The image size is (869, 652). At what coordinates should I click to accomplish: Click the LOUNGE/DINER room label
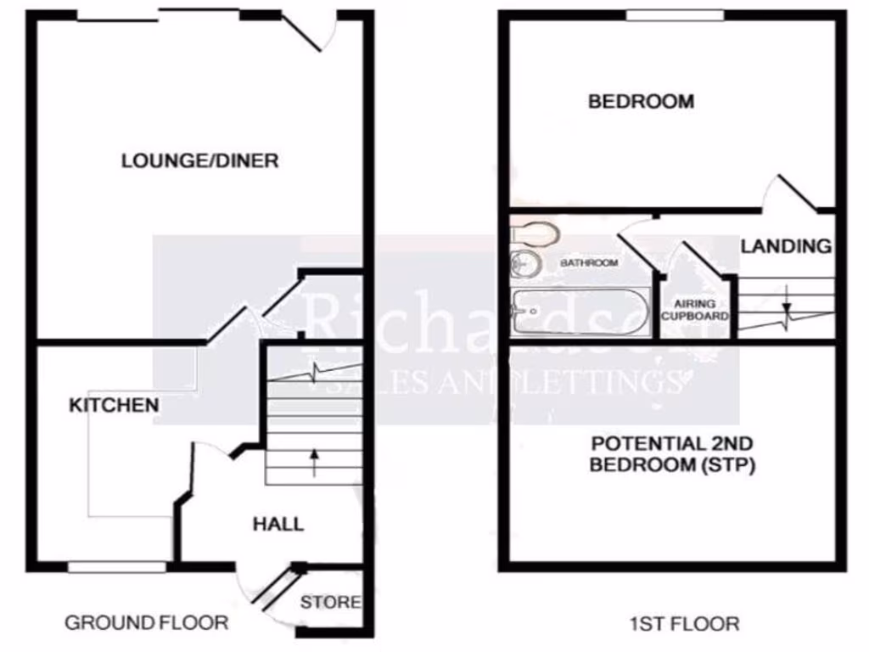pos(199,160)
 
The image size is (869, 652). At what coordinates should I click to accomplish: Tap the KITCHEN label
pos(114,405)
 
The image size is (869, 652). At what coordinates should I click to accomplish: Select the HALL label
pos(278,524)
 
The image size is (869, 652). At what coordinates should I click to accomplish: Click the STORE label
pos(331,603)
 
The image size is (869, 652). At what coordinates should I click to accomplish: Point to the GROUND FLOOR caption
pos(147,623)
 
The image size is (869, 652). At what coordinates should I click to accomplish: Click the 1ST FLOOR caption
pos(684,624)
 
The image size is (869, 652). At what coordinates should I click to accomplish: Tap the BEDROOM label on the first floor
pos(641,102)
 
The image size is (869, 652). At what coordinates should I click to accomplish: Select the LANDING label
pos(786,246)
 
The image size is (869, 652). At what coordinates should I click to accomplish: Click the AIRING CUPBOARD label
pos(695,310)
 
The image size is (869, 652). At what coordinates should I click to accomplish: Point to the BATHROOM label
pos(589,263)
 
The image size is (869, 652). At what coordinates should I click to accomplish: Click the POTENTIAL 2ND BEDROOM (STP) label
pos(673,454)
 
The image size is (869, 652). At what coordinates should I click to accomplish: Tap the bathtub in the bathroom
pos(580,312)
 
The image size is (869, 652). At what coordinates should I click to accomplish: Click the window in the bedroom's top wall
pos(676,15)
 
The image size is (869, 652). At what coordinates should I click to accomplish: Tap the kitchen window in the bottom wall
pos(118,565)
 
